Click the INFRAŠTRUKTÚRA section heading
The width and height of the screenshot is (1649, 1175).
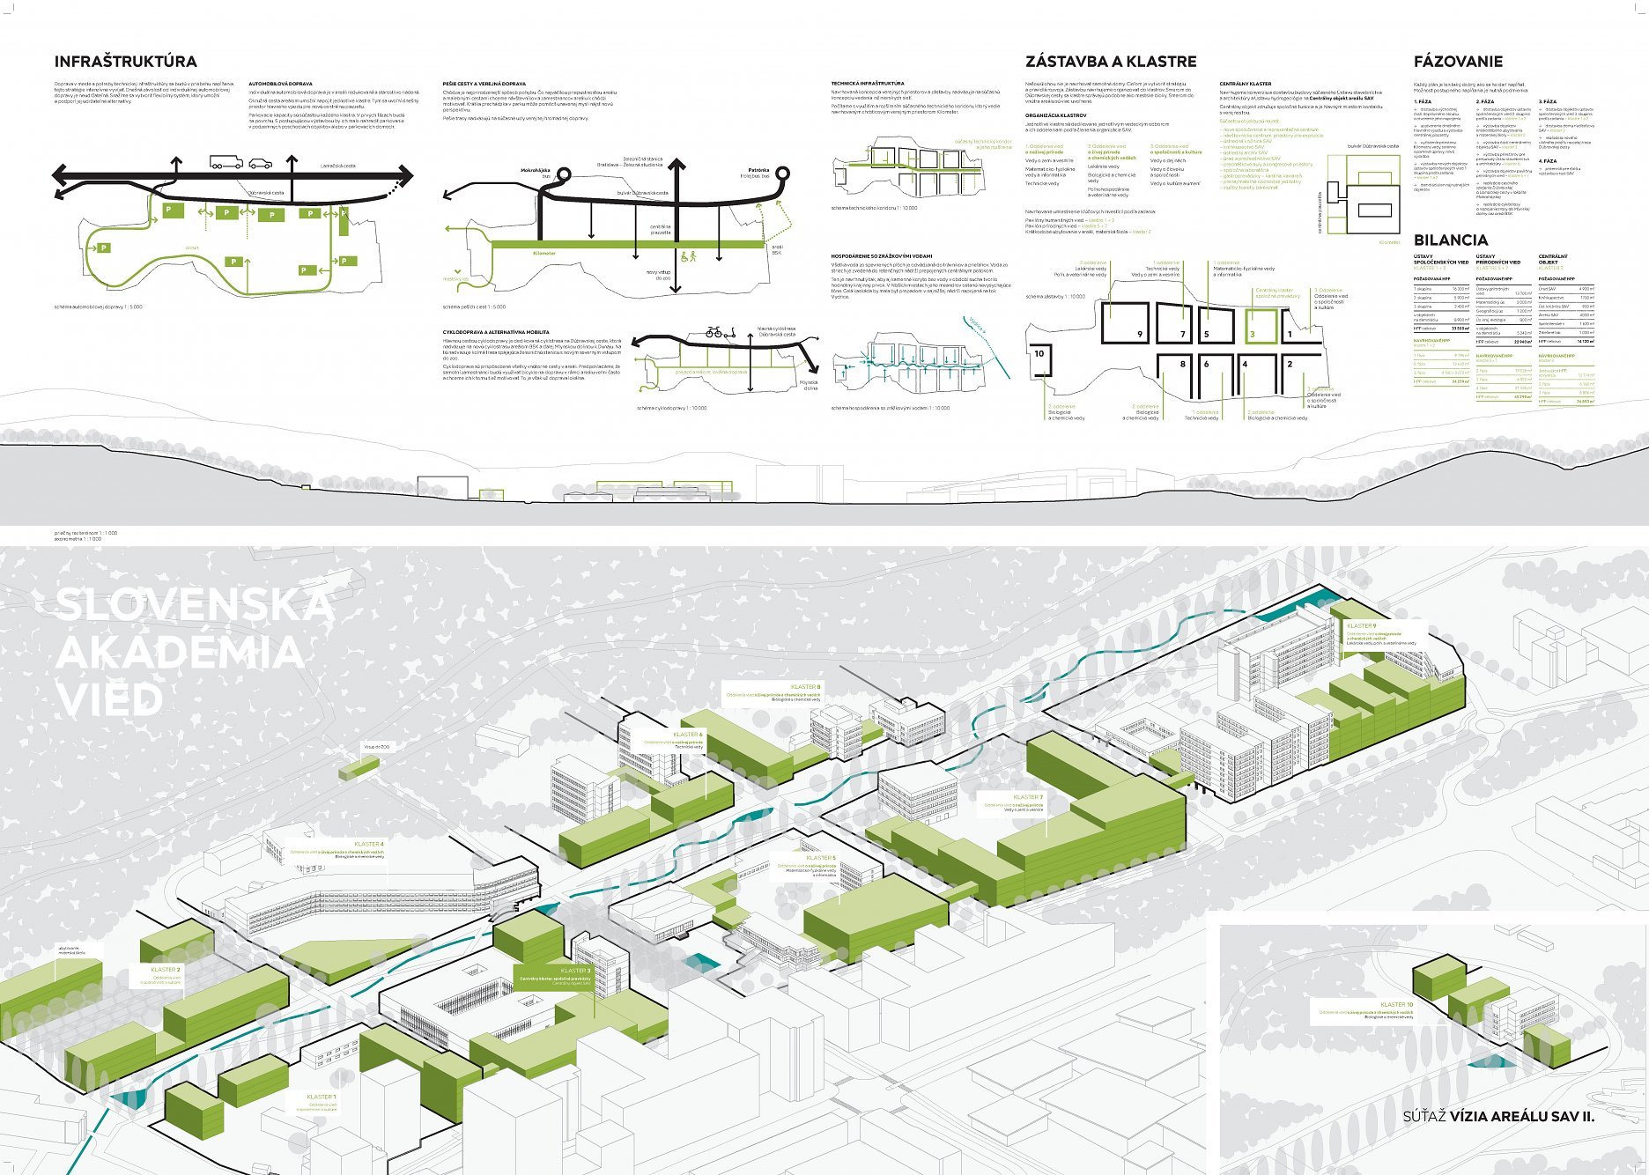click(125, 62)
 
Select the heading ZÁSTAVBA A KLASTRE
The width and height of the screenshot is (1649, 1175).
click(1110, 62)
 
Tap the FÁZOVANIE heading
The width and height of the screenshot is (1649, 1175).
click(1458, 62)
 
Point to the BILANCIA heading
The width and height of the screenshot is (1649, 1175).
click(1450, 240)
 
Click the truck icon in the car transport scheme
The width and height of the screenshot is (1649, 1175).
click(226, 162)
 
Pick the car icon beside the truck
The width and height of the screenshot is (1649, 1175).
click(261, 163)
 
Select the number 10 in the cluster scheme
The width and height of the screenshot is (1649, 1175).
click(1039, 353)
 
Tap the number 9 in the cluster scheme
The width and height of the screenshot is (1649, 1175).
click(1139, 334)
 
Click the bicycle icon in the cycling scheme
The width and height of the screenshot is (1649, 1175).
click(715, 332)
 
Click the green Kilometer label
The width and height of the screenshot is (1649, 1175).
click(544, 253)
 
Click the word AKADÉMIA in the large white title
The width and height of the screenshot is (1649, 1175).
click(180, 653)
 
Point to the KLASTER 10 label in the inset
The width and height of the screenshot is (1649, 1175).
click(1396, 1004)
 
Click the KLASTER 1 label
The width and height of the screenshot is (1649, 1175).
click(321, 1097)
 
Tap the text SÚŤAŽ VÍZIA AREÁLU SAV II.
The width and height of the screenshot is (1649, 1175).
click(1498, 1116)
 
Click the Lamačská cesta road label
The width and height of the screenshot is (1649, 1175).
click(337, 166)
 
